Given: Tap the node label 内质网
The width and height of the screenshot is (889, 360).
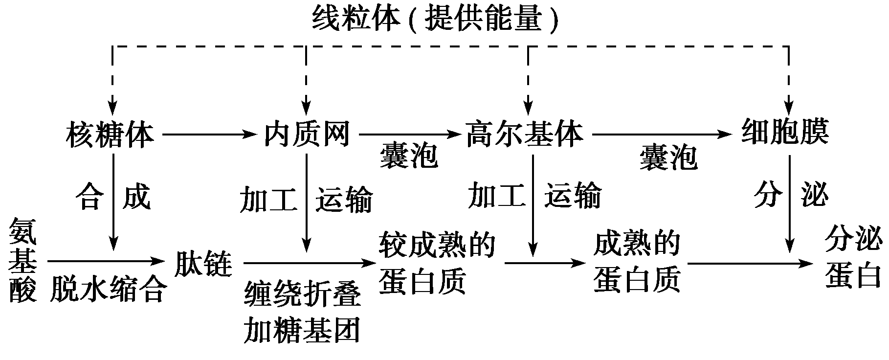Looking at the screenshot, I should pos(307,134).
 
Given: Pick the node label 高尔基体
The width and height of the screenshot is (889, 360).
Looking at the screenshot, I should pos(525,134).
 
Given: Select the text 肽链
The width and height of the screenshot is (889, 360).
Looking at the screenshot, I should pos(202,264).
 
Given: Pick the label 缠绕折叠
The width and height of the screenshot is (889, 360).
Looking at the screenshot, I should pos(302,294).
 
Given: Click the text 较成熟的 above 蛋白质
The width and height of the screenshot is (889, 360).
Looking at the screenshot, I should pos(437,245).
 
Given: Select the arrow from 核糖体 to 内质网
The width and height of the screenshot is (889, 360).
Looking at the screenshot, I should pos(209,134).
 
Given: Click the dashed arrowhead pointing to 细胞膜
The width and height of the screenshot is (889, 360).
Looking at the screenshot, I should pos(789,107).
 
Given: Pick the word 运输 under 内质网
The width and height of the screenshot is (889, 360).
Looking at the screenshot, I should pos(343,199).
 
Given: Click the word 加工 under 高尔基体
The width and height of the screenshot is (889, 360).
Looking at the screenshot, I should pos(496,196).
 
